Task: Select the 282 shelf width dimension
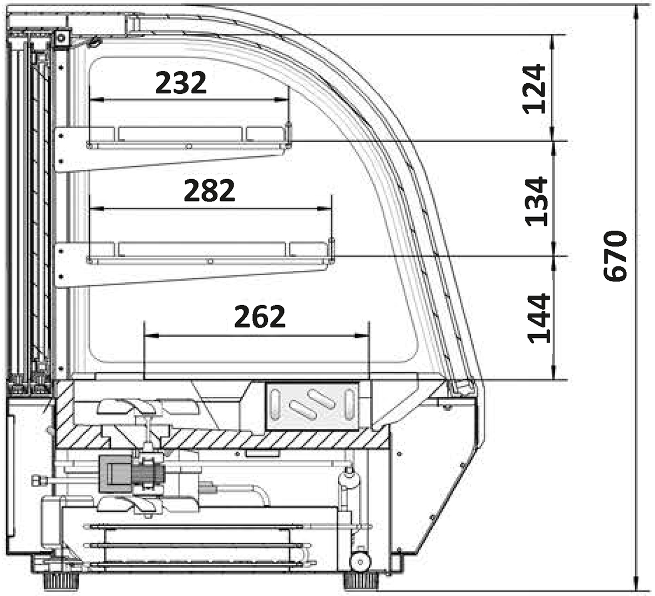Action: coord(209,190)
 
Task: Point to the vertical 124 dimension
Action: coord(534,89)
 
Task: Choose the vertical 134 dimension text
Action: coord(536,202)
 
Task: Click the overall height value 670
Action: coord(615,256)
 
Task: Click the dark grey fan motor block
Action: coord(114,473)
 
